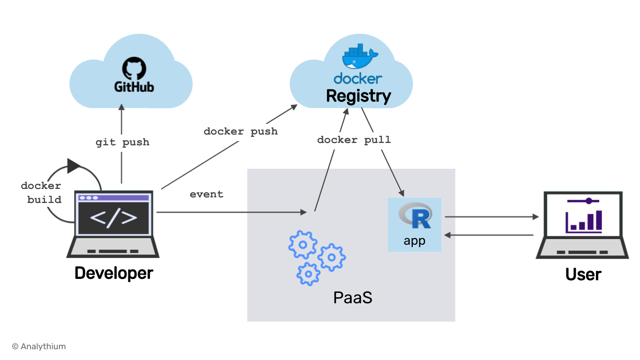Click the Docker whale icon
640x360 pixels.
tap(360, 56)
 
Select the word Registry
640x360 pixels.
tap(358, 96)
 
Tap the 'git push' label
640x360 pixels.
tap(122, 142)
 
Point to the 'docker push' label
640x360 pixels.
tap(240, 132)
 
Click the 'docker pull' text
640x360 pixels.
tap(354, 140)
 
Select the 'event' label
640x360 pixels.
tap(206, 194)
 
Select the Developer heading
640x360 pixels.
tap(114, 273)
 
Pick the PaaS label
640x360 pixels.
tap(352, 298)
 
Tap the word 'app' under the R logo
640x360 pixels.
tap(414, 241)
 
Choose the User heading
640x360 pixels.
tap(583, 274)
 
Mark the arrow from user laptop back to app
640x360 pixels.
tap(489, 235)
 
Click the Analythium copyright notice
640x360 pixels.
tap(39, 347)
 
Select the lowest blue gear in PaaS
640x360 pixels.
tap(308, 273)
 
